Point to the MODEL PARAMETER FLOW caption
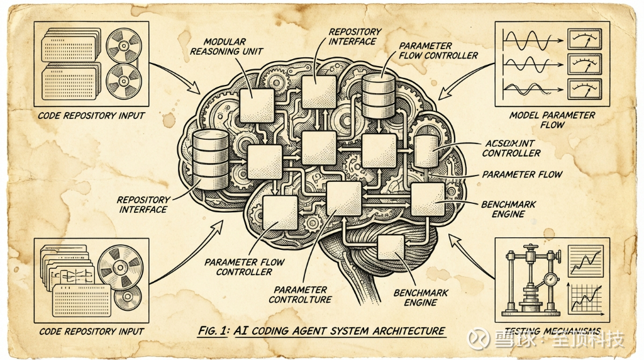click(x=552, y=120)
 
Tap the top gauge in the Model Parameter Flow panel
click(x=582, y=41)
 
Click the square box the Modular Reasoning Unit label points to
click(x=257, y=105)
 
